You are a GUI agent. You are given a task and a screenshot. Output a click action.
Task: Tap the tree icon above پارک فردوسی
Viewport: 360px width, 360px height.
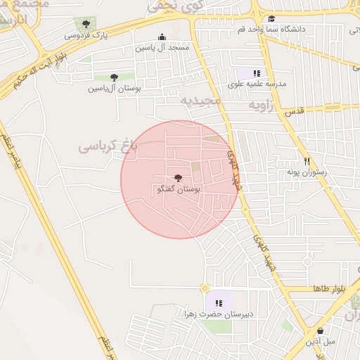pos(86,25)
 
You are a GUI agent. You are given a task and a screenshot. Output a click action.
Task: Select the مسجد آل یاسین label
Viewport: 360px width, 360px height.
pos(163,49)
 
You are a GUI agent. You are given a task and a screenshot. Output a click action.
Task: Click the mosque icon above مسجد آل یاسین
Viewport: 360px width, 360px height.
pos(162,38)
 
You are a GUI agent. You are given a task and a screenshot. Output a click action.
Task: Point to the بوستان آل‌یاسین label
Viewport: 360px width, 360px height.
pos(115,89)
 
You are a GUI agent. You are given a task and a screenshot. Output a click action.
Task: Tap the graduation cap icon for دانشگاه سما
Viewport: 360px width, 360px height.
pos(271,18)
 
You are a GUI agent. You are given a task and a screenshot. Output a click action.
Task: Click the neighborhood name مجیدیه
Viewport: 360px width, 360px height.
pos(201,101)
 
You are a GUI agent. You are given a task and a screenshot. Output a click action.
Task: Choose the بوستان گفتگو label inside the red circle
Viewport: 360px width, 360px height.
pos(176,190)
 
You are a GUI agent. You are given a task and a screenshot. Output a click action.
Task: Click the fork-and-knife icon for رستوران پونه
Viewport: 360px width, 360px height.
pos(306,160)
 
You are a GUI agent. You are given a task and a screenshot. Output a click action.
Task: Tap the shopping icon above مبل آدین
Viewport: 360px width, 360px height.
pos(320,330)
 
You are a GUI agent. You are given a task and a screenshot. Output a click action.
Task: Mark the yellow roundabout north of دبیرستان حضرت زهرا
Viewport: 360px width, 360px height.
pos(205,288)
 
